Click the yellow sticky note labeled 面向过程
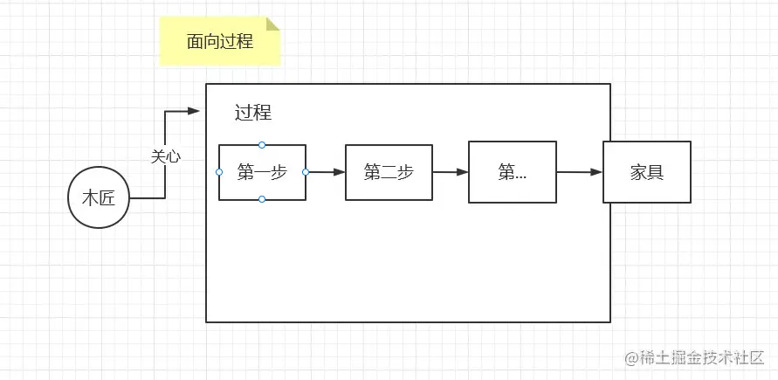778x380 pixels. [220, 42]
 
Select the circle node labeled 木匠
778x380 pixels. [99, 198]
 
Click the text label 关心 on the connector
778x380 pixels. [166, 156]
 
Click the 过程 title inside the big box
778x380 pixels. [253, 113]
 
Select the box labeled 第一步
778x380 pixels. [262, 172]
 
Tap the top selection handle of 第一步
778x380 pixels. [262, 144]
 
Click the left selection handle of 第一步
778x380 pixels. [219, 172]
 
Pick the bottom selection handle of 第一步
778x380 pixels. [262, 200]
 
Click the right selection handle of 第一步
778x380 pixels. [306, 172]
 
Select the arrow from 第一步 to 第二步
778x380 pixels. [326, 172]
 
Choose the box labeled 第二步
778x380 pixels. [389, 172]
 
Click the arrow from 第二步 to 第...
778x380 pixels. [451, 172]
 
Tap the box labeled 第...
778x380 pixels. [513, 172]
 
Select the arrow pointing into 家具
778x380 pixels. [579, 172]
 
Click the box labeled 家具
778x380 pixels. [647, 172]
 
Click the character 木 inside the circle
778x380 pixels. [90, 199]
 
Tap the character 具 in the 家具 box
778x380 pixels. [656, 172]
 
